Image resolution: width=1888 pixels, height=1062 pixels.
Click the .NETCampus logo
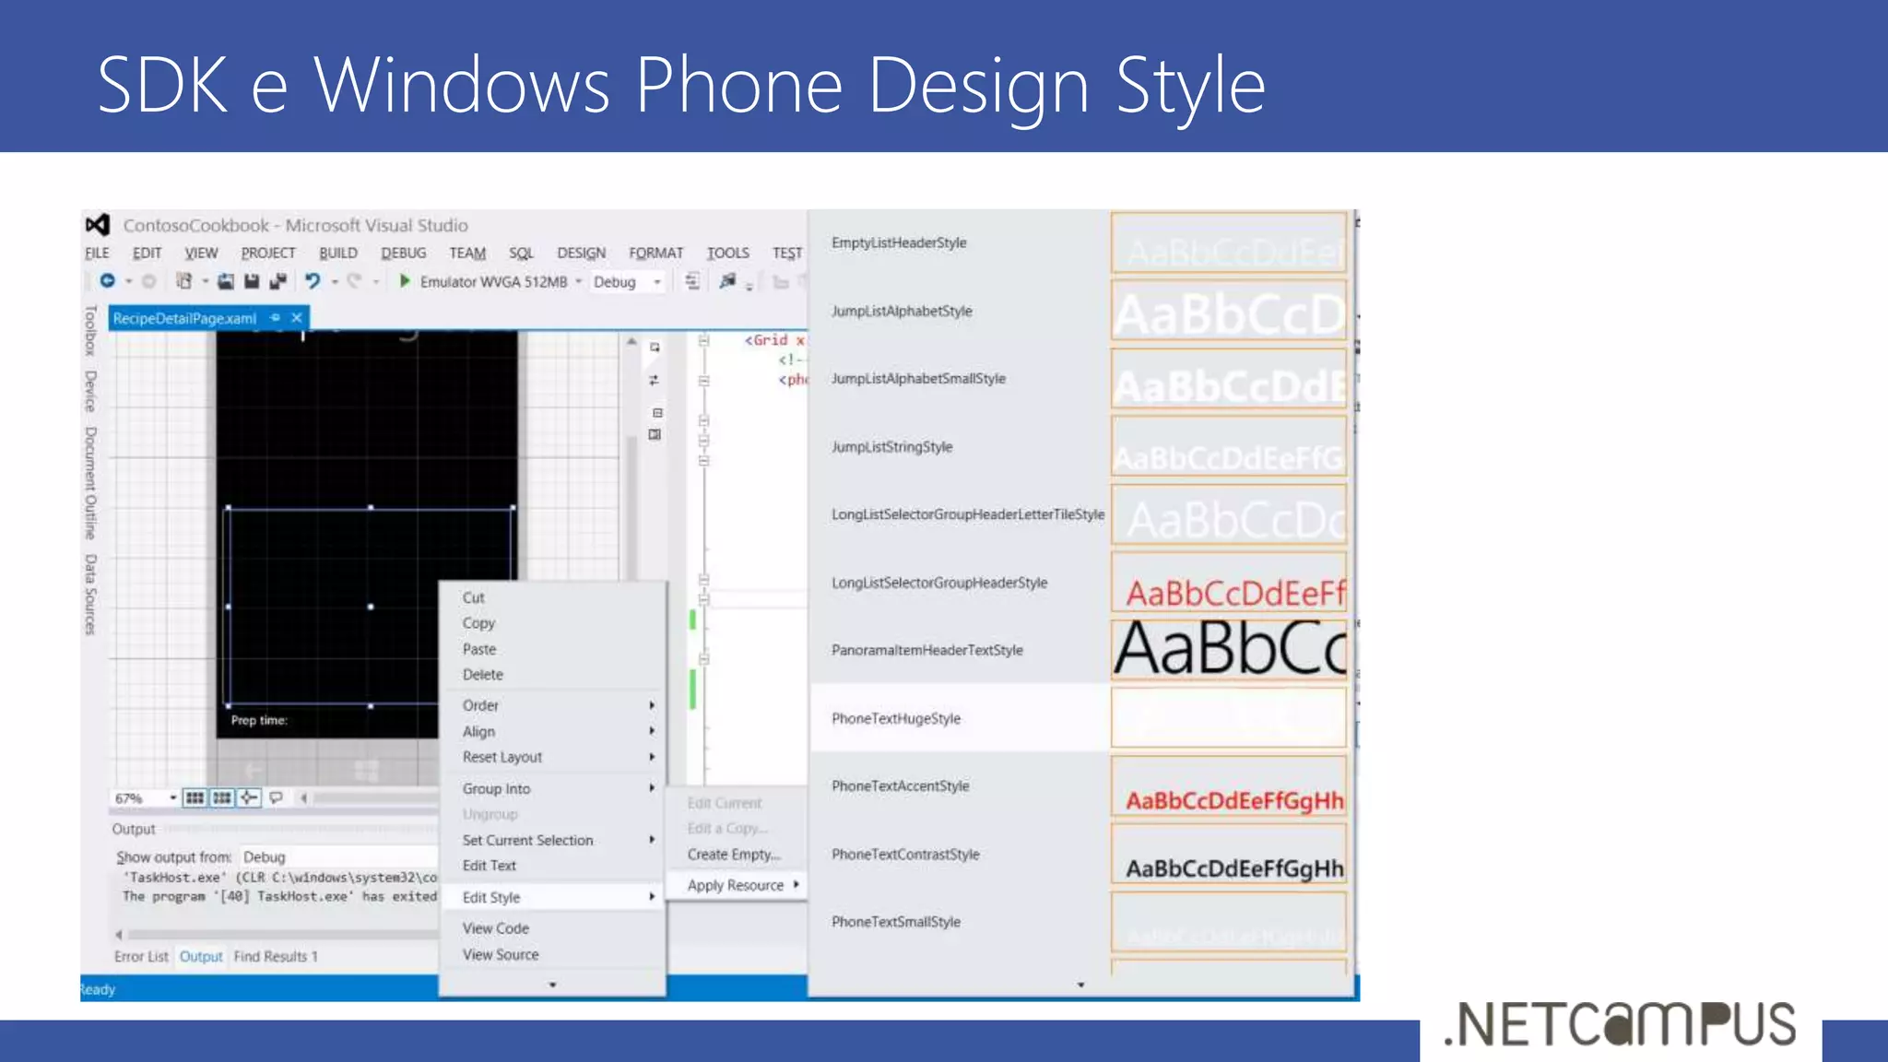(x=1620, y=1023)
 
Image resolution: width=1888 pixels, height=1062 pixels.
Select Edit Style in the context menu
(x=491, y=897)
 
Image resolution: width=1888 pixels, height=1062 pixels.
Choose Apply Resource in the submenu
(x=736, y=885)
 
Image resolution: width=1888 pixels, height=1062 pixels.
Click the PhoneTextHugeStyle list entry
(x=896, y=718)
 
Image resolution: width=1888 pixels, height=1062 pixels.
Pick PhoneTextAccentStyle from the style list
(x=900, y=786)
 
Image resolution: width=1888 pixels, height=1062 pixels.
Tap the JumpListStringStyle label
(x=891, y=447)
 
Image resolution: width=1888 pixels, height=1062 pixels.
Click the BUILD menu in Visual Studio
(x=337, y=253)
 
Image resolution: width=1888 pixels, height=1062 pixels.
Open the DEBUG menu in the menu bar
(x=403, y=253)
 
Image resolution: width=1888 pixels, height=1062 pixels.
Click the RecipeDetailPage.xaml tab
(x=184, y=318)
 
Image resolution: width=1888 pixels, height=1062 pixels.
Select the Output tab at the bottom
(x=201, y=956)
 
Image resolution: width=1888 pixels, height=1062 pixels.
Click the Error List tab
(x=141, y=956)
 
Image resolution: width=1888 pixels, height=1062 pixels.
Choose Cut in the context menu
(x=473, y=597)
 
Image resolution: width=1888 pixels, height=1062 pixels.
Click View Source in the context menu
(x=501, y=954)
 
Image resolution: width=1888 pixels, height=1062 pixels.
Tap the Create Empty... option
(x=734, y=855)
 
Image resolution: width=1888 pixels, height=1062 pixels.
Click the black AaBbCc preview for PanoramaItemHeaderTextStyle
(x=1229, y=649)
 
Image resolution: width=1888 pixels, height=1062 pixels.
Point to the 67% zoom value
(x=129, y=798)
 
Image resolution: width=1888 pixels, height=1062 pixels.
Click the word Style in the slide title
(x=1190, y=86)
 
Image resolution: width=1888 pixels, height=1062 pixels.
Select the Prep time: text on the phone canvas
(x=259, y=720)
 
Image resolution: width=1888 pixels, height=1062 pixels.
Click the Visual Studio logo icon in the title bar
(x=98, y=225)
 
